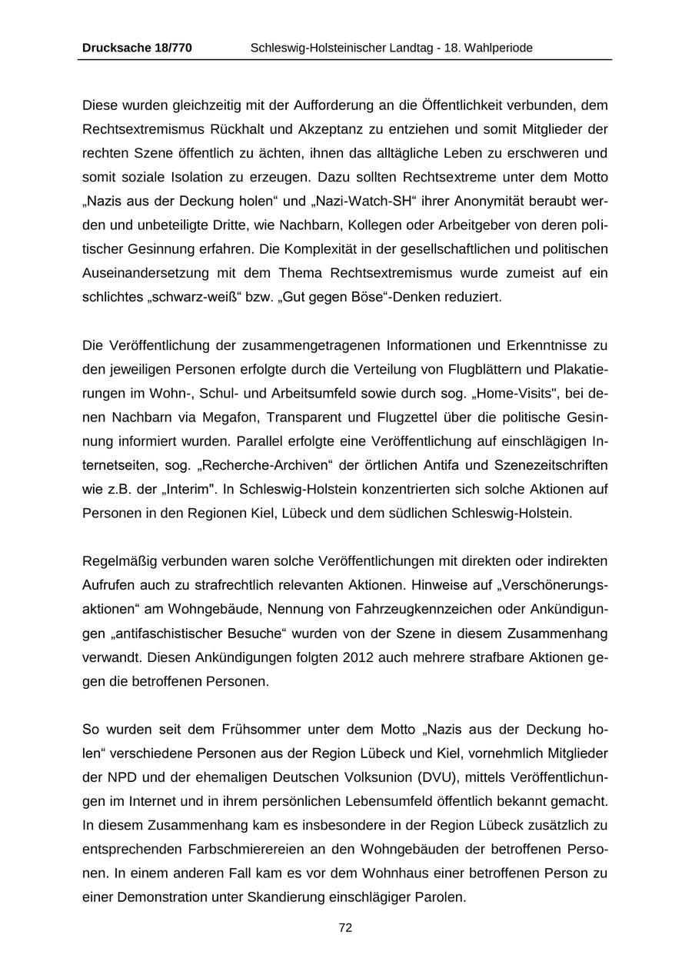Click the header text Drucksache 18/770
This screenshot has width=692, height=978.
pos(137,48)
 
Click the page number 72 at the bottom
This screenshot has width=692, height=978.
pos(345,928)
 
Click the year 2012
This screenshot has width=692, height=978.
pos(358,658)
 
